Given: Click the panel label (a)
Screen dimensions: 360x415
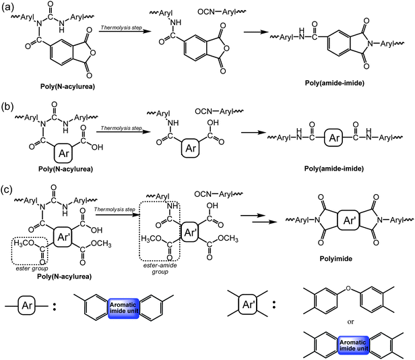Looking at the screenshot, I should tap(7, 6).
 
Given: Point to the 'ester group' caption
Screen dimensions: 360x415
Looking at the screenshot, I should tap(30, 268).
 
